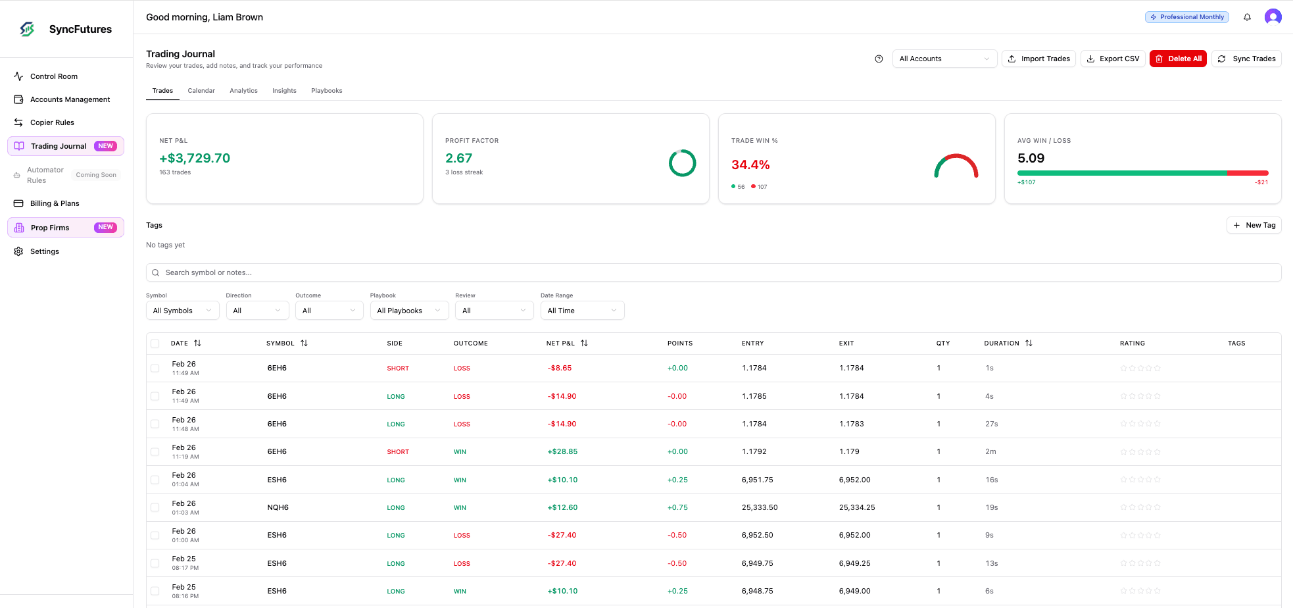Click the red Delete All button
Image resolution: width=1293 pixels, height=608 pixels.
[1178, 59]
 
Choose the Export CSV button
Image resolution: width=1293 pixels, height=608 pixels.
[1113, 59]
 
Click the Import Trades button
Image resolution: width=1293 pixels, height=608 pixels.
[1038, 59]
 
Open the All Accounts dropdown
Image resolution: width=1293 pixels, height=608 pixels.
[944, 59]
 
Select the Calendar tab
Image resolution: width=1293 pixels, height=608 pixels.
[201, 91]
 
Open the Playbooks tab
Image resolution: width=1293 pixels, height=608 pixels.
[327, 91]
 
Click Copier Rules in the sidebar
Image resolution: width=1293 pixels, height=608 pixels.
[52, 122]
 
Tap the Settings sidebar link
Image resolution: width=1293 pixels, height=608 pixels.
[45, 251]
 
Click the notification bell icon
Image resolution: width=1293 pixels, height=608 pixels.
[1247, 17]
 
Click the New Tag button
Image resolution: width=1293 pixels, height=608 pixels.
[1254, 225]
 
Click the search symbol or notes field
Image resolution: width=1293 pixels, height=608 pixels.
[714, 272]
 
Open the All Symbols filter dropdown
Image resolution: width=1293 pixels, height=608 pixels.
[183, 311]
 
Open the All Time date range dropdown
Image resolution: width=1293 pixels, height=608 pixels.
[582, 311]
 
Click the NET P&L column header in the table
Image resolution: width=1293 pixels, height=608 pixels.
[561, 343]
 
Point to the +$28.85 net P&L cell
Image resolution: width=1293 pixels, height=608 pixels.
[562, 452]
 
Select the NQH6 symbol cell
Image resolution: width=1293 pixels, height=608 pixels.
[278, 507]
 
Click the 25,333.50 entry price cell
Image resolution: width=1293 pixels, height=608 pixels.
[760, 507]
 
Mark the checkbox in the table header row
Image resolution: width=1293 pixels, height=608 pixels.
[155, 343]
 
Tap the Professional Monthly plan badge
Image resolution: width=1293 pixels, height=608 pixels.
[1187, 17]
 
